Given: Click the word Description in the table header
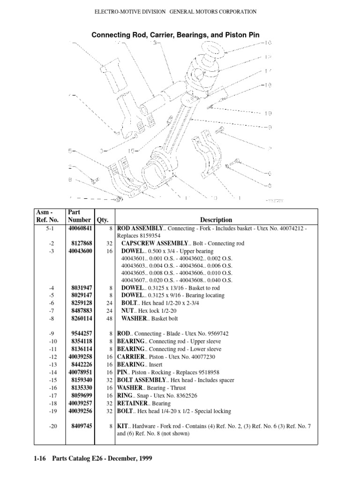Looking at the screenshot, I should (x=216, y=219).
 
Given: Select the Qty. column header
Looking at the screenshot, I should (x=102, y=219).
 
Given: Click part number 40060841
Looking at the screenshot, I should (x=80, y=228).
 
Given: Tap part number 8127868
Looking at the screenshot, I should (x=82, y=243).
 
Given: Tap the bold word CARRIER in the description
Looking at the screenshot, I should (x=131, y=357).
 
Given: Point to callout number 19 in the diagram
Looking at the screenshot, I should (x=268, y=113).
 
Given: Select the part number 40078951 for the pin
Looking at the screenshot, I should (x=80, y=372).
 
